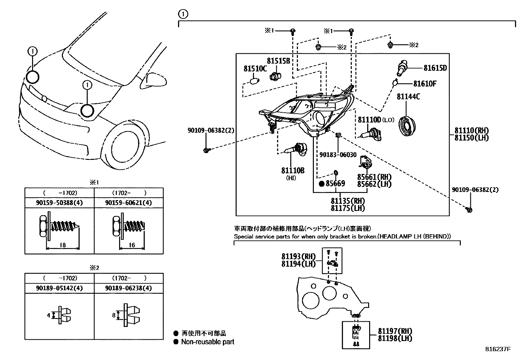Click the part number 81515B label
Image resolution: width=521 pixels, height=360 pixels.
pyautogui.click(x=278, y=61)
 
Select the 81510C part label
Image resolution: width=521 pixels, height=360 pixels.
pyautogui.click(x=255, y=69)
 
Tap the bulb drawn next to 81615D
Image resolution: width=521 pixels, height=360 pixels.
pyautogui.click(x=402, y=67)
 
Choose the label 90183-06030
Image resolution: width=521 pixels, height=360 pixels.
pyautogui.click(x=338, y=155)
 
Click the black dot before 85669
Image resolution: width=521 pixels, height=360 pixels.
pyautogui.click(x=322, y=184)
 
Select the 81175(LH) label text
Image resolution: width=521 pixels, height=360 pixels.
pyautogui.click(x=348, y=208)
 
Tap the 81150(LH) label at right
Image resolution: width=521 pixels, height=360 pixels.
pyautogui.click(x=471, y=138)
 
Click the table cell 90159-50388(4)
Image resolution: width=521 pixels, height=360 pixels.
pyautogui.click(x=59, y=203)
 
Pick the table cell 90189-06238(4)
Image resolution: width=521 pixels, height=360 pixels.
pyautogui.click(x=129, y=288)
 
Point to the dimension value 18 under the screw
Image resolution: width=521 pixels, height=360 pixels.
pyautogui.click(x=63, y=245)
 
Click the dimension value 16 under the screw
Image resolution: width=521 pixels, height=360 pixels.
pyautogui.click(x=132, y=245)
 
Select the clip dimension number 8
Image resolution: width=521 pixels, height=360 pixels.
pyautogui.click(x=114, y=315)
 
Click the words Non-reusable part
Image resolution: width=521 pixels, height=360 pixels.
pyautogui.click(x=208, y=342)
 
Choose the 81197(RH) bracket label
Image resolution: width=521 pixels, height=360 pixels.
pyautogui.click(x=395, y=331)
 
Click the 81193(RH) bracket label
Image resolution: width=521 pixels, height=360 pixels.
pyautogui.click(x=298, y=256)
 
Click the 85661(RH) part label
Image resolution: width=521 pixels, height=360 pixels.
pyautogui.click(x=374, y=177)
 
